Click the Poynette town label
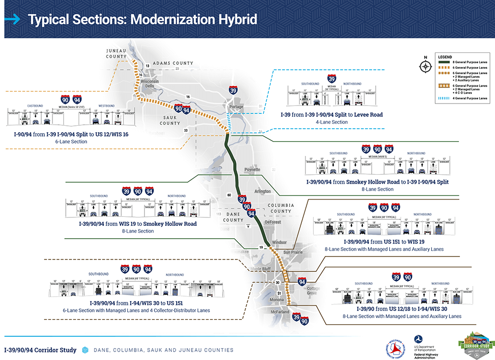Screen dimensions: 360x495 click(x=252, y=169)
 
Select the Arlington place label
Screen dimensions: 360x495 click(x=262, y=191)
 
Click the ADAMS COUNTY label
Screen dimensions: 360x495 click(x=173, y=63)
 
